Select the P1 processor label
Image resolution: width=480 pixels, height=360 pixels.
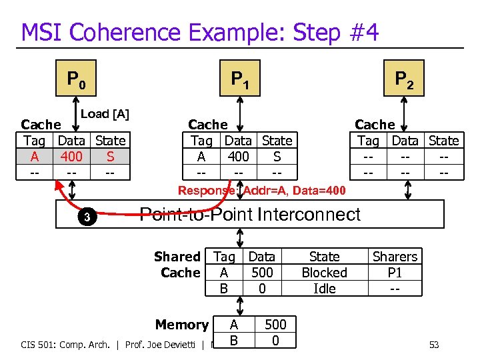[240, 80]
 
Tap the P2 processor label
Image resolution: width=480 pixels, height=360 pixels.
[404, 80]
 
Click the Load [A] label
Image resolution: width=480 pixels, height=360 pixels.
[105, 114]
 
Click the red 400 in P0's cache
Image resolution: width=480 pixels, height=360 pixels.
[71, 157]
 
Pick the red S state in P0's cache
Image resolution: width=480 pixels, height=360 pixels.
[110, 157]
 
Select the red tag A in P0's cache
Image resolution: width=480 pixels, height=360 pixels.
[34, 157]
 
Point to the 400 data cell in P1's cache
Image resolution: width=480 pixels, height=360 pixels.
[238, 157]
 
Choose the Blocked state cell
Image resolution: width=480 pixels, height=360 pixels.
[324, 273]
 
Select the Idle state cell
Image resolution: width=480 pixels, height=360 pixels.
[324, 289]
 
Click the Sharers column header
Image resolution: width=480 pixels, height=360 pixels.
[395, 257]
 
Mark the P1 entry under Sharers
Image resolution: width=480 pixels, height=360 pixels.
[395, 273]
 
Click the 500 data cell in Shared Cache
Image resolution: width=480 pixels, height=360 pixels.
[262, 273]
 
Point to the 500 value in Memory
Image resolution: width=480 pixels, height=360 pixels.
[275, 325]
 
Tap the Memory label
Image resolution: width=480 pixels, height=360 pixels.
[181, 325]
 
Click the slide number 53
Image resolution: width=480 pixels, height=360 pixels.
[434, 345]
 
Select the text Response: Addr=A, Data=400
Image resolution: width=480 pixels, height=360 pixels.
[261, 191]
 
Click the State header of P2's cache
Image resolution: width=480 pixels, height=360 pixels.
[443, 141]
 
